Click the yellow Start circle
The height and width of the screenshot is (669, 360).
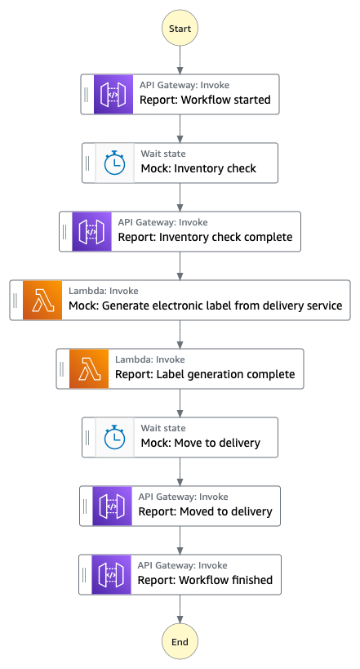tap(180, 28)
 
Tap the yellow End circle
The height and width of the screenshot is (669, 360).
tap(180, 642)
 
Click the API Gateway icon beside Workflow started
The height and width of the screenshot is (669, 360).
tap(113, 94)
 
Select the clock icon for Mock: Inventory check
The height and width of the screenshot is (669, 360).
tap(115, 163)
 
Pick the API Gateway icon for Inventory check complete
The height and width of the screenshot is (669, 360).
tap(91, 232)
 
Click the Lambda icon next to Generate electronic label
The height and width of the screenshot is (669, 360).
tap(42, 301)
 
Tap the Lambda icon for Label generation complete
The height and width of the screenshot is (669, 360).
tap(89, 369)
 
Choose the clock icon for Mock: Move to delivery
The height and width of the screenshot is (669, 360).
tap(115, 438)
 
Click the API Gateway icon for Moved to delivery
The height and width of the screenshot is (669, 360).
tap(112, 506)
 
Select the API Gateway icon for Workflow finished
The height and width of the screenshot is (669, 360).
tap(111, 575)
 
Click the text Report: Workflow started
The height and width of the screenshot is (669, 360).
tap(205, 100)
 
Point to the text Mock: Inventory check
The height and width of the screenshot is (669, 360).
tap(198, 168)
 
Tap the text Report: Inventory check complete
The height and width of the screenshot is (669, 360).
tap(205, 237)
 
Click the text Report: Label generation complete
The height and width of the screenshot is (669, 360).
tap(205, 375)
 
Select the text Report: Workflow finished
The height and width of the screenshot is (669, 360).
tap(205, 580)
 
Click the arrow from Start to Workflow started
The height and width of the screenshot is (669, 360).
tap(180, 60)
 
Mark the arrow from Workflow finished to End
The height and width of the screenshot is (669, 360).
tap(180, 609)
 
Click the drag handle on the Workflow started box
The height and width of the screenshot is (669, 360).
tap(87, 94)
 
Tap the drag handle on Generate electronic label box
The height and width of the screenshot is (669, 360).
tap(16, 301)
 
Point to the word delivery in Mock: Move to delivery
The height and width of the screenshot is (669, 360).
tap(240, 444)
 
